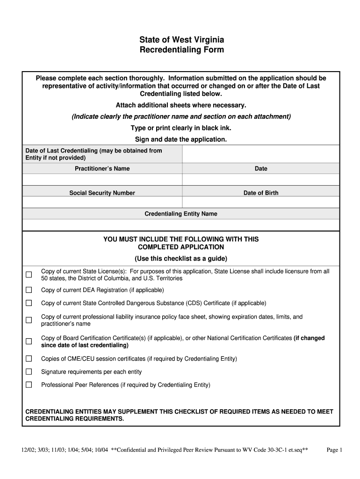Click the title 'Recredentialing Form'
[x=182, y=50]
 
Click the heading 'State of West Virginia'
[x=182, y=40]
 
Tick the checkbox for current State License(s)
[x=29, y=275]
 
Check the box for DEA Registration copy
[x=29, y=290]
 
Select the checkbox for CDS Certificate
[x=29, y=303]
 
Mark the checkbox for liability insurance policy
[x=29, y=320]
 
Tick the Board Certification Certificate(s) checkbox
[x=29, y=341]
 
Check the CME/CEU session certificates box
[x=29, y=359]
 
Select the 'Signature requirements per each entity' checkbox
[x=29, y=372]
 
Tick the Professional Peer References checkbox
[x=29, y=385]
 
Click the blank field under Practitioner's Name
[x=102, y=180]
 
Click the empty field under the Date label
[x=261, y=180]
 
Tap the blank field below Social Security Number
[x=102, y=202]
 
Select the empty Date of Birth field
[x=261, y=202]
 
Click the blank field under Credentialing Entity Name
[x=181, y=225]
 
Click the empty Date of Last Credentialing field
[x=261, y=154]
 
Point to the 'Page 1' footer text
[x=335, y=450]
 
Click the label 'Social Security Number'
[x=102, y=193]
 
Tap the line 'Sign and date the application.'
[x=181, y=139]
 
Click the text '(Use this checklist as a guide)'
[x=181, y=259]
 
